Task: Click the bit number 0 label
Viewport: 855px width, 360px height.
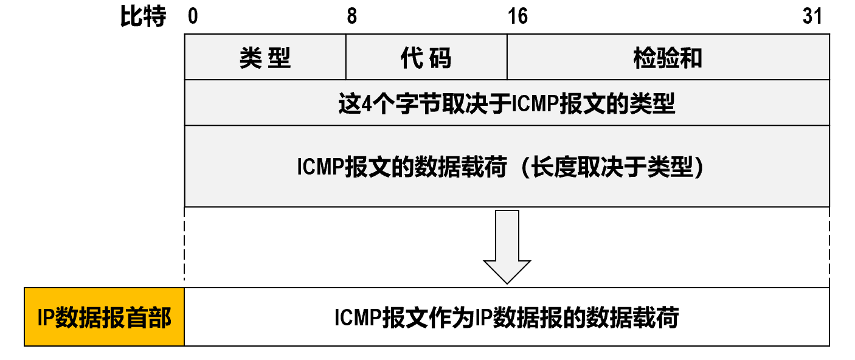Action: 193,16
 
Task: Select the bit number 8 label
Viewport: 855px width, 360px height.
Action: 351,16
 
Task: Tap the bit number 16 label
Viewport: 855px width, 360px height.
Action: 517,16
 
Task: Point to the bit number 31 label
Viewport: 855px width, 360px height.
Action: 812,16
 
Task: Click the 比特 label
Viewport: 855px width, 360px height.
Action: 144,17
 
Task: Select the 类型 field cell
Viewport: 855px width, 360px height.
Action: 265,58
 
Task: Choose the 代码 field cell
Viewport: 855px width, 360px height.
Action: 426,58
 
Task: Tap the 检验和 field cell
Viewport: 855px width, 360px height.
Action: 668,58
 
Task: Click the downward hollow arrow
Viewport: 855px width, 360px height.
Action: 507,246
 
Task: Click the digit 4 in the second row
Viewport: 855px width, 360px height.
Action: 365,104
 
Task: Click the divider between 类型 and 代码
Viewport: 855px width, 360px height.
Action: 346,57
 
